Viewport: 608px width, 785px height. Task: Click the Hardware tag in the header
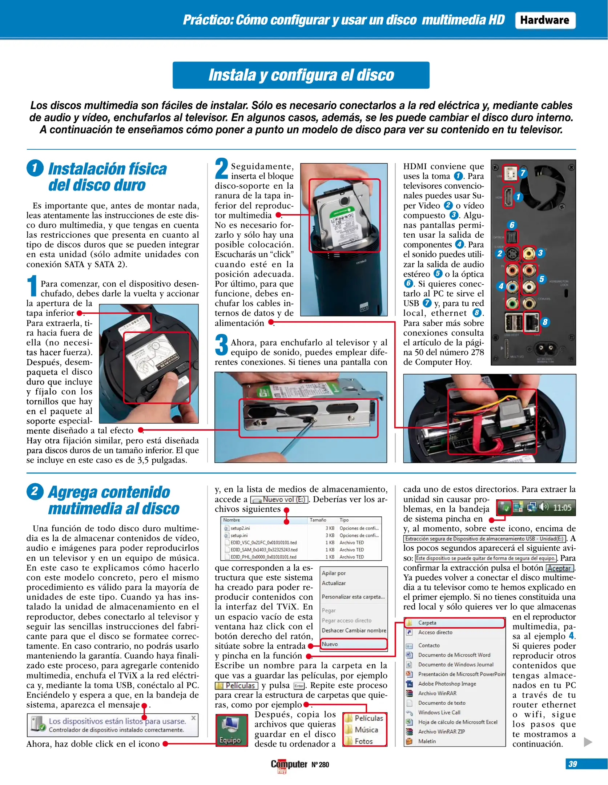tap(544, 20)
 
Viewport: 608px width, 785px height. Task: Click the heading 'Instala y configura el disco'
tap(301, 75)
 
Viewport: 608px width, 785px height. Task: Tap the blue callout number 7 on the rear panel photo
tap(523, 173)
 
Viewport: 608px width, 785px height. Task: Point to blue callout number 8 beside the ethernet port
tap(545, 322)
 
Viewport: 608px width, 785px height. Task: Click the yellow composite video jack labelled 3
tap(529, 253)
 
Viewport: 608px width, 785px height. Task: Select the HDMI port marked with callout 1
tap(508, 197)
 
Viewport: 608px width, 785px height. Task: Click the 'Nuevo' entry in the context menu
tap(353, 644)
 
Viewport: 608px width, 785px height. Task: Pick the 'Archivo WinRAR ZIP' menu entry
tap(441, 732)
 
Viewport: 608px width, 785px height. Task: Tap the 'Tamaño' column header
tap(318, 520)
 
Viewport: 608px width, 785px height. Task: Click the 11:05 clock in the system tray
tap(562, 508)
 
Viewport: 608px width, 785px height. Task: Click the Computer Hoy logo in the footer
tap(289, 765)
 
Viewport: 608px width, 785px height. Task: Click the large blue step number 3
tap(221, 345)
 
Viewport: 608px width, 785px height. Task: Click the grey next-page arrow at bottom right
tap(588, 742)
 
